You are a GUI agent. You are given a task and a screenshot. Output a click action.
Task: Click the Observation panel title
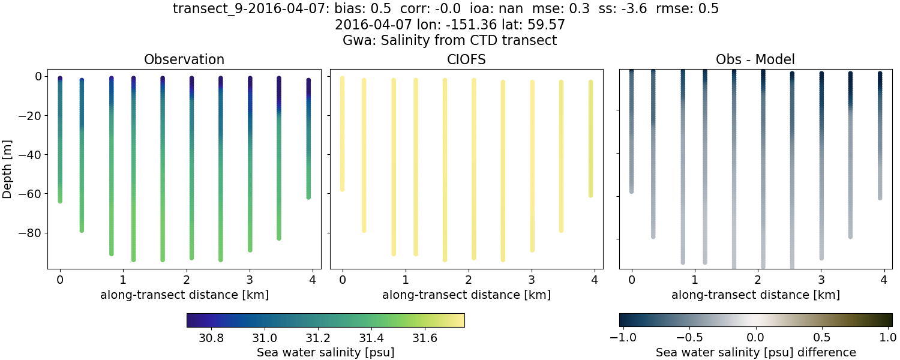[x=184, y=59]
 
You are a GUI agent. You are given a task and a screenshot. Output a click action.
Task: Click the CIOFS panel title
[x=466, y=59]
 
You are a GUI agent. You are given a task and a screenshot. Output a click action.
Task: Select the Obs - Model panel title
[x=755, y=59]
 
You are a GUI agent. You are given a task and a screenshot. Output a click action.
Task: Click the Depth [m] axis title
[x=8, y=169]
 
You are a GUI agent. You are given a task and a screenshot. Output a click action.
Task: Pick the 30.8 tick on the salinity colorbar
[x=211, y=338]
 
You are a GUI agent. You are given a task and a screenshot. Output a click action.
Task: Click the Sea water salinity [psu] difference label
[x=755, y=352]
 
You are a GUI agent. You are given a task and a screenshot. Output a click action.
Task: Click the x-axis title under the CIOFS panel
[x=466, y=295]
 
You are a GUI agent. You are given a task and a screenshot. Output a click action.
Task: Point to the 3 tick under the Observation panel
[x=250, y=280]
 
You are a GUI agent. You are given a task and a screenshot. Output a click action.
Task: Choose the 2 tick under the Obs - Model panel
[x=758, y=280]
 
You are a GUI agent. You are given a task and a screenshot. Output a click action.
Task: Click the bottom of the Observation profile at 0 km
[x=60, y=201]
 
